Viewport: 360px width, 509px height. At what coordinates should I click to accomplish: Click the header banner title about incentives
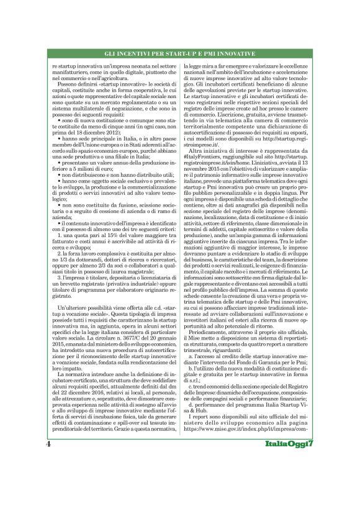click(180, 55)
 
